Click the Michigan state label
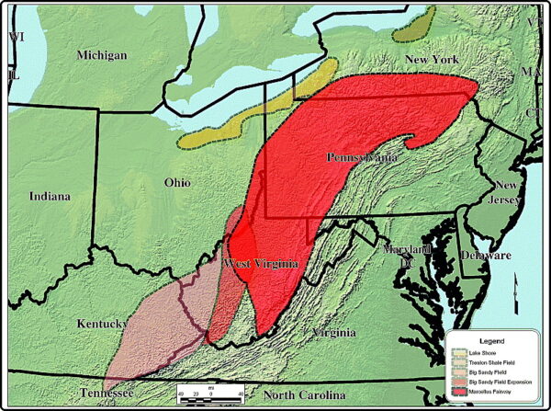tap(102, 55)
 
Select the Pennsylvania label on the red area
tap(362, 157)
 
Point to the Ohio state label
tap(176, 182)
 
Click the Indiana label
tap(49, 196)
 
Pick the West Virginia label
tap(262, 264)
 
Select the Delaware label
tap(485, 255)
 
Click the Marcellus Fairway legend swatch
tap(458, 392)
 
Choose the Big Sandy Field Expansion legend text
tap(500, 381)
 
